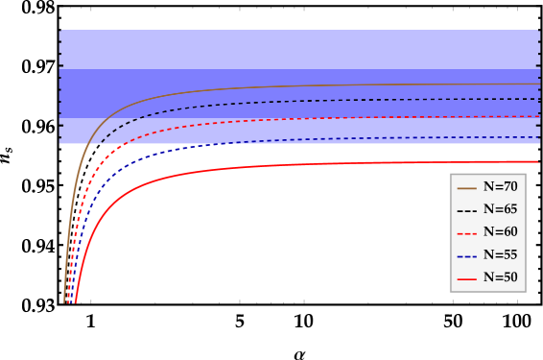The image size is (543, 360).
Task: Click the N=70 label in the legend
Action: (x=500, y=186)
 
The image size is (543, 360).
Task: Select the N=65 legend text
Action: (x=500, y=209)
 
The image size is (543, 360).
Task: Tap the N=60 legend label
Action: (x=500, y=232)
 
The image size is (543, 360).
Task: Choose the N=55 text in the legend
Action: (x=500, y=255)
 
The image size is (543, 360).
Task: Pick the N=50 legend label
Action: (x=500, y=278)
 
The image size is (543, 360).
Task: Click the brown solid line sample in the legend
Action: (x=467, y=187)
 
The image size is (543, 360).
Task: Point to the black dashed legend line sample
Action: (x=467, y=210)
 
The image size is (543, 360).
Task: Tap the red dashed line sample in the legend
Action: (x=467, y=233)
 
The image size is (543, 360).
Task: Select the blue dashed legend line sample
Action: (x=467, y=256)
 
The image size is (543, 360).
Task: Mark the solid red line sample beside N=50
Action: (x=467, y=279)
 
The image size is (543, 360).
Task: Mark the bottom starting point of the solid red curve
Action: (x=75, y=302)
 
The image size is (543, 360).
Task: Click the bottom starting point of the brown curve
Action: (x=64, y=302)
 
